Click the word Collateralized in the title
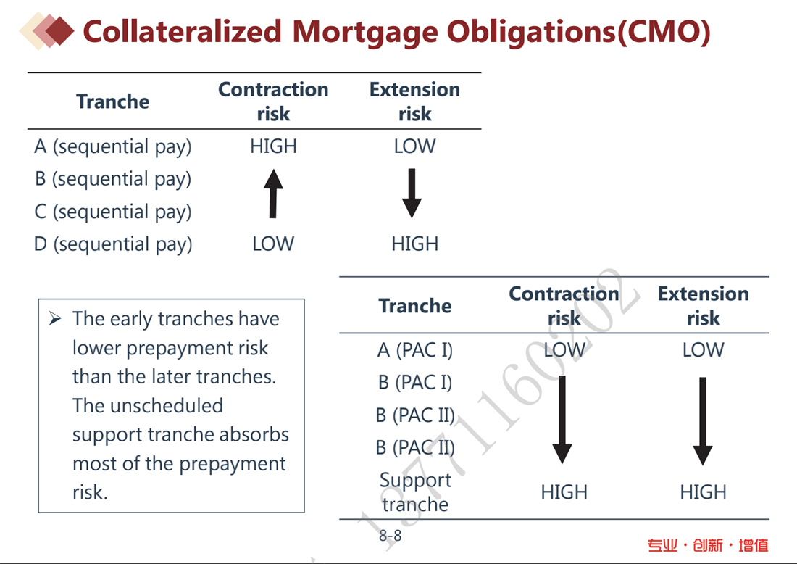[182, 31]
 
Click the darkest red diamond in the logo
[60, 31]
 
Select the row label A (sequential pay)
[113, 147]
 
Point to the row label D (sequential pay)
[113, 244]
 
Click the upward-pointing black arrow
[273, 194]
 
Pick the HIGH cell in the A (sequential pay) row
[273, 146]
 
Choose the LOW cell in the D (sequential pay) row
[273, 244]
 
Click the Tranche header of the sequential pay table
[113, 101]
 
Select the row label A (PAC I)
[414, 350]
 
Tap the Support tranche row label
[415, 492]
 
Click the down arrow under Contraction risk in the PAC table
[562, 420]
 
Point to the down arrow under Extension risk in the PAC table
[703, 421]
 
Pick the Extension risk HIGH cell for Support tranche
[704, 492]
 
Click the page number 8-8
[391, 536]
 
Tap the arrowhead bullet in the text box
[55, 319]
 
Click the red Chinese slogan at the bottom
[708, 546]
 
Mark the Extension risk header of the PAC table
[704, 306]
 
